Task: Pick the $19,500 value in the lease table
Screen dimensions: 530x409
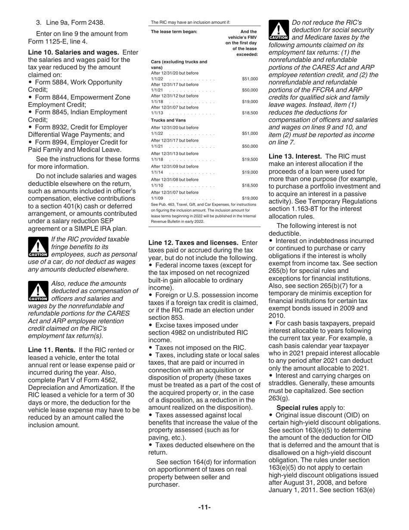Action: (x=250, y=159)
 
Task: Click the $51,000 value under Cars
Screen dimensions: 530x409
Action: (x=250, y=79)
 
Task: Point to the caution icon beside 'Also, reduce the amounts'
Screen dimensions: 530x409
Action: (x=38, y=292)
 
